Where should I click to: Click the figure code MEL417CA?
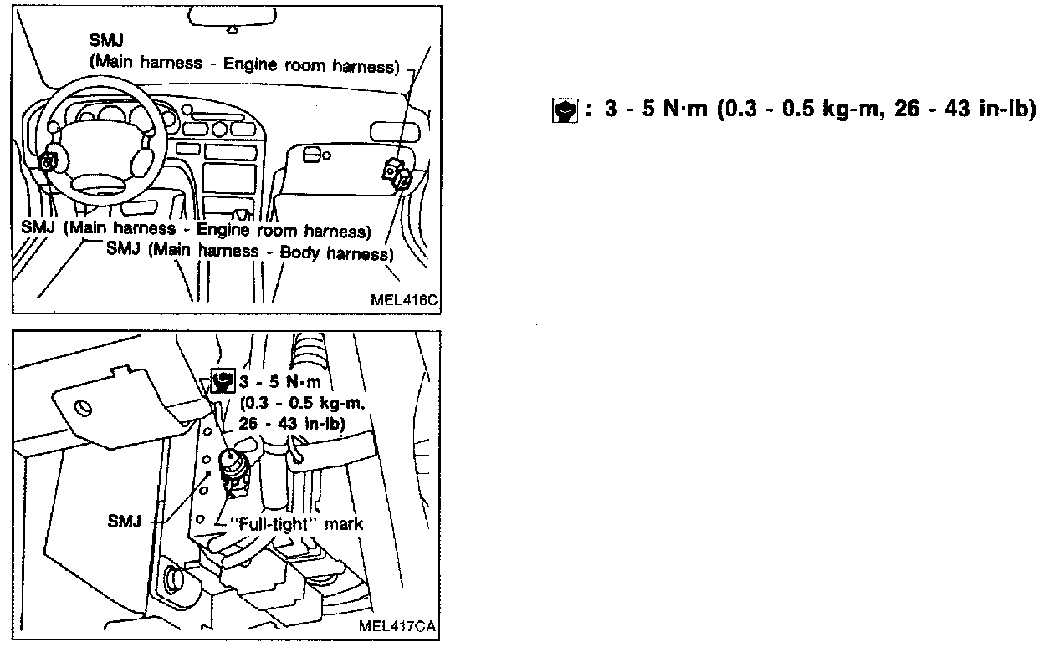click(398, 626)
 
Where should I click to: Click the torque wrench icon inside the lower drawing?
click(223, 381)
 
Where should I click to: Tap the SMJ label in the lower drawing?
click(125, 519)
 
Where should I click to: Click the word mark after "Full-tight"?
click(346, 524)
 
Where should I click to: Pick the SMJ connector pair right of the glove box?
click(396, 173)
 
